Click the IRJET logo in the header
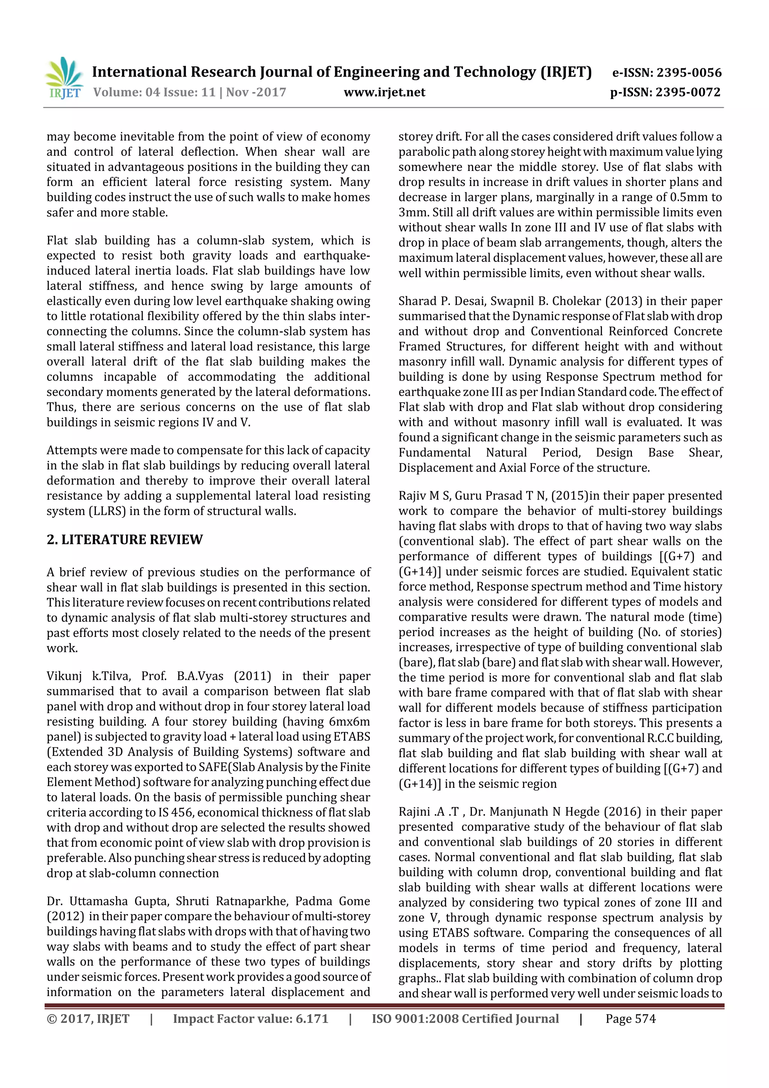click(x=64, y=78)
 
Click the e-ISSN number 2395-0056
click(x=688, y=73)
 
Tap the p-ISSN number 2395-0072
click(x=688, y=92)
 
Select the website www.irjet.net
click(x=384, y=92)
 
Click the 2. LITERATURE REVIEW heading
click(x=125, y=540)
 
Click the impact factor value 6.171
click(x=311, y=1019)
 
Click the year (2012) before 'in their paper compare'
click(x=65, y=916)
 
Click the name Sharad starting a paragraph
click(x=415, y=301)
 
